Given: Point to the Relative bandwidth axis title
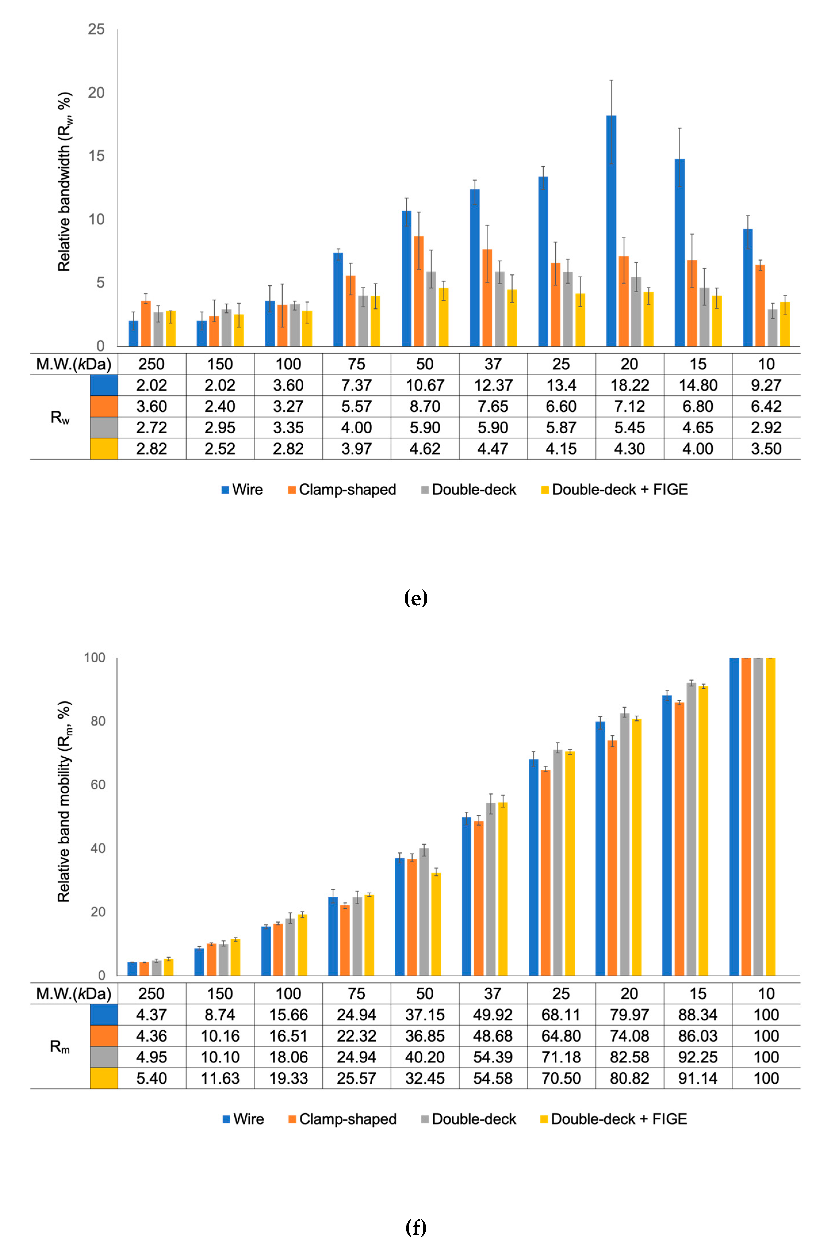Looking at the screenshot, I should [64, 182].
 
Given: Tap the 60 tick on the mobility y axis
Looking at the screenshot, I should [97, 785].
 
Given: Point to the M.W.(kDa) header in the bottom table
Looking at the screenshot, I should [73, 994].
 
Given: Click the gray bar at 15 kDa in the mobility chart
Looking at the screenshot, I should [691, 829].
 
